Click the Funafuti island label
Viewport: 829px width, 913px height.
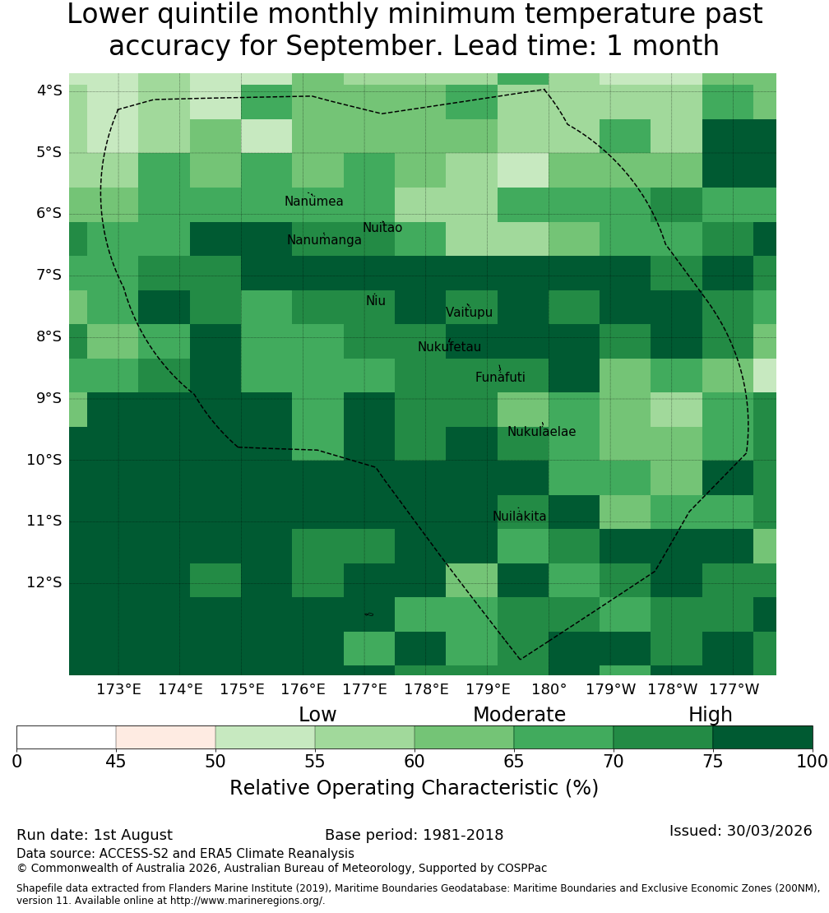(500, 377)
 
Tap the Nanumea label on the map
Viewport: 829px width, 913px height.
(314, 201)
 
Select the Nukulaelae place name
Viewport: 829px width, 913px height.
(541, 432)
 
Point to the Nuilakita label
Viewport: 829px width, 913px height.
(519, 516)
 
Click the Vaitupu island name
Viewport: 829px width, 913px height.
(470, 312)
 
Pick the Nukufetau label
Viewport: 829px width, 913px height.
(449, 346)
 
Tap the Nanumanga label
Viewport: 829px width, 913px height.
(324, 240)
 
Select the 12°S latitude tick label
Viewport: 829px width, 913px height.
(44, 582)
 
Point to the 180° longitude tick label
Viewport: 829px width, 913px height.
(549, 689)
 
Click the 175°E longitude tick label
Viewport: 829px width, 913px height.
(242, 689)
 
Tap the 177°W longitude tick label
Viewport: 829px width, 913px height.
(734, 689)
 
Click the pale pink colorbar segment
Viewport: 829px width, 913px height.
(166, 737)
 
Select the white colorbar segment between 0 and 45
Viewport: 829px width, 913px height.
(67, 737)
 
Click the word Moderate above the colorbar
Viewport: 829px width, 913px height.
(519, 715)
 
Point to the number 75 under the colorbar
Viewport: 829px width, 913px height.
(712, 761)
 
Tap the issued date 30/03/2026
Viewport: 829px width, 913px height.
(769, 830)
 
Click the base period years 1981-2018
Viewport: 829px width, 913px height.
(463, 834)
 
